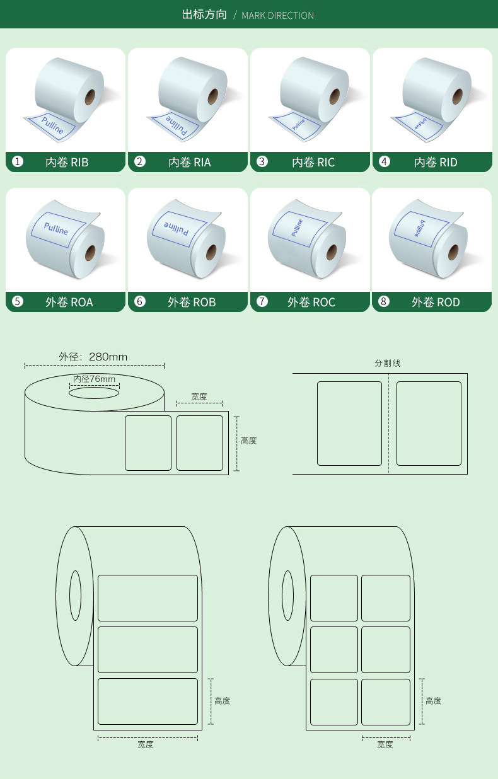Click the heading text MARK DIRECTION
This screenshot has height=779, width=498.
click(x=277, y=15)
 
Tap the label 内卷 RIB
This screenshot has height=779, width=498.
click(x=67, y=163)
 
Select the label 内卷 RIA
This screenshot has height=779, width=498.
click(x=189, y=163)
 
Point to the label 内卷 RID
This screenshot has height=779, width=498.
click(x=435, y=163)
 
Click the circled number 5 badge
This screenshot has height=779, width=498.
click(x=18, y=302)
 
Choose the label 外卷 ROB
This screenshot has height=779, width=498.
click(x=191, y=303)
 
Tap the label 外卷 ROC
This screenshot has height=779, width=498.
click(x=311, y=303)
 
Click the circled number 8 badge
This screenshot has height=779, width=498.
click(x=384, y=302)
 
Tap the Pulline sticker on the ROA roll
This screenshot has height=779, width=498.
click(x=56, y=228)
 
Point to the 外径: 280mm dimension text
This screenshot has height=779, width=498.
click(x=93, y=357)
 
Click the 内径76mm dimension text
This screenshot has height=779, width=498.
click(x=95, y=379)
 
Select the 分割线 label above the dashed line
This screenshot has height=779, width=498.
click(x=388, y=363)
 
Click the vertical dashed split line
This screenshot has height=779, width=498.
click(x=388, y=422)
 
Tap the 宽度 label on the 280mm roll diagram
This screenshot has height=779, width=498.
click(x=199, y=397)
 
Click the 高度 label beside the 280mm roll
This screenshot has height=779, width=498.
click(x=248, y=441)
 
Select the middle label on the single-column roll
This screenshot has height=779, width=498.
click(x=148, y=649)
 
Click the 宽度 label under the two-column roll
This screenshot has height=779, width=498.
click(x=385, y=744)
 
